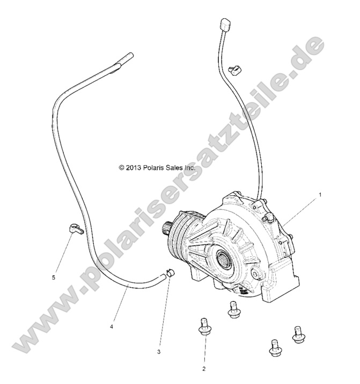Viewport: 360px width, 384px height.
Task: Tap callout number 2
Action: (x=204, y=368)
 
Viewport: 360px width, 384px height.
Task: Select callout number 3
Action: (x=159, y=352)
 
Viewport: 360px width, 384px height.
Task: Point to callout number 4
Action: (x=112, y=326)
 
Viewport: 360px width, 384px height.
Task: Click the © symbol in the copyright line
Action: (x=121, y=167)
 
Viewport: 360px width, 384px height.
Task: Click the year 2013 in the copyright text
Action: (x=133, y=167)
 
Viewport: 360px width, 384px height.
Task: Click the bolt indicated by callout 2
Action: (x=204, y=327)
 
